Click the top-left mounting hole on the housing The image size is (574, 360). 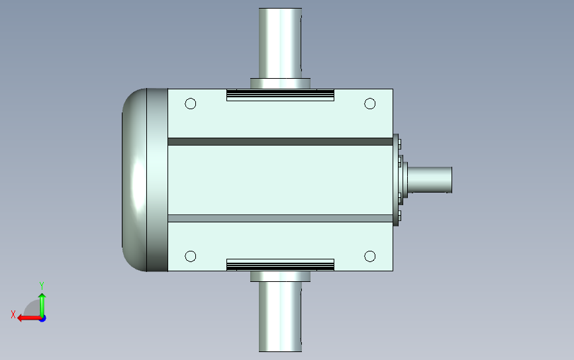191,103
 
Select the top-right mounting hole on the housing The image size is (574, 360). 369,103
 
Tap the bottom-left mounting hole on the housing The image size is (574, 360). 191,256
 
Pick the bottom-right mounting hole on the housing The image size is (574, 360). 369,256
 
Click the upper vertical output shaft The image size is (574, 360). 281,43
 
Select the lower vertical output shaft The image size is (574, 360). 281,317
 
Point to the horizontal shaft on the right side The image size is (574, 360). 430,179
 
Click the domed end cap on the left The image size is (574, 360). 134,179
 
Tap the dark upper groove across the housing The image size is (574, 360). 281,142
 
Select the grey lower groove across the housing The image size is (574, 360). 281,218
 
